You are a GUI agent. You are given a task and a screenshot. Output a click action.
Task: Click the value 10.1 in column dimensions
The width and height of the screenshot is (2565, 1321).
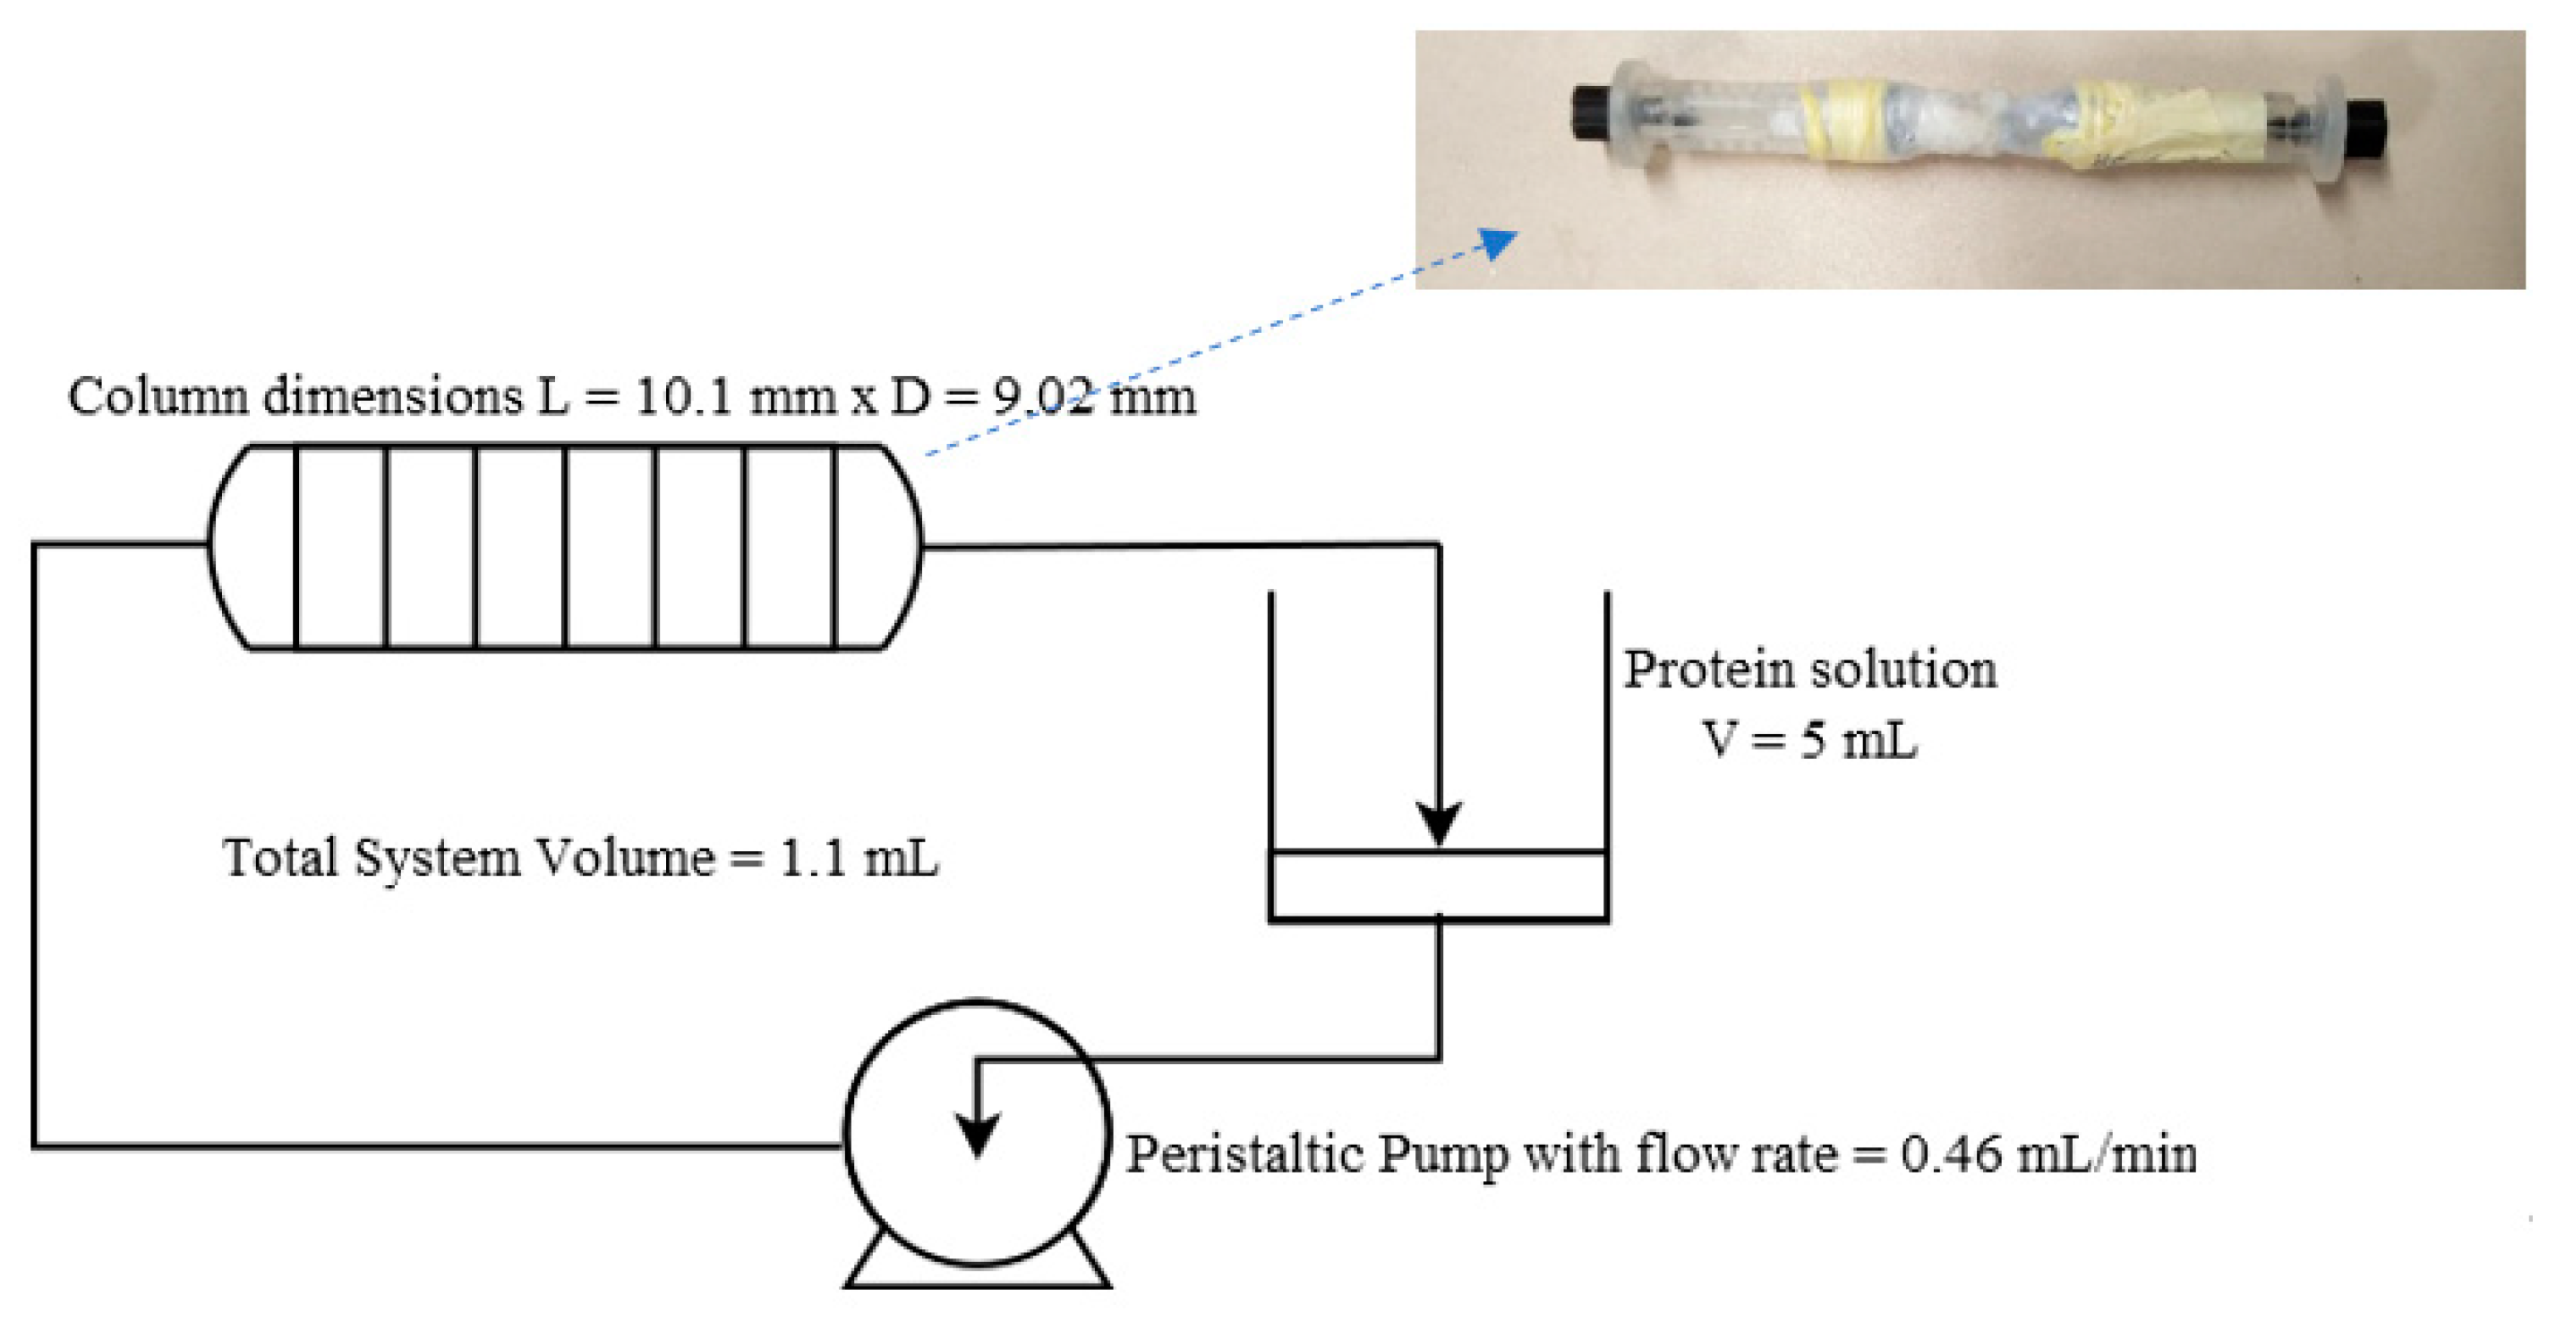[673, 398]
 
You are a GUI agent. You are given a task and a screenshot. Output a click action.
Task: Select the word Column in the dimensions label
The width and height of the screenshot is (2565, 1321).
[158, 398]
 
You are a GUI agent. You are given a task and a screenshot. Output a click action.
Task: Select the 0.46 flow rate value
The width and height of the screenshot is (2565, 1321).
[1952, 1155]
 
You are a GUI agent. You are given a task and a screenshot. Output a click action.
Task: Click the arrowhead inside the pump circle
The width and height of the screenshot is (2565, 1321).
[977, 1135]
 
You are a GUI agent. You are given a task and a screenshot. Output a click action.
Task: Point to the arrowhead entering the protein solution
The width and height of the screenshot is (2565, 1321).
[1439, 822]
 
